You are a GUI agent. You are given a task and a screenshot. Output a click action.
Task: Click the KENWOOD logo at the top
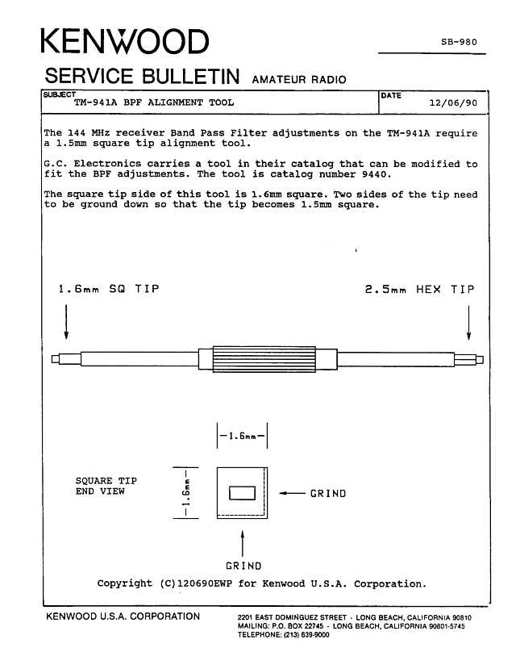(x=124, y=42)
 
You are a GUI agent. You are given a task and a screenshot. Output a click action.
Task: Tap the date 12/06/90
(x=454, y=104)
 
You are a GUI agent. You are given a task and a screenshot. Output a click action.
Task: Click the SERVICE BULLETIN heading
(x=143, y=77)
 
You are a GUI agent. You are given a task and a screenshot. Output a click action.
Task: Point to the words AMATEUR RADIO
(x=299, y=80)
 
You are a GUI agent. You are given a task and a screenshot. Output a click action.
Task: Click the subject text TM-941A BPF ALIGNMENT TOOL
(x=153, y=103)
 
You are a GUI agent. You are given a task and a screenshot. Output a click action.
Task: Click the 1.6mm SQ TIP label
(x=108, y=289)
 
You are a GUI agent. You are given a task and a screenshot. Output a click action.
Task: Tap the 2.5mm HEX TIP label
(x=419, y=289)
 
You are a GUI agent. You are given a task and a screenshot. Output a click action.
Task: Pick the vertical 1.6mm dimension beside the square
(x=186, y=492)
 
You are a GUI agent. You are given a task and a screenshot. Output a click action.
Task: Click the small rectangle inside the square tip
(x=242, y=493)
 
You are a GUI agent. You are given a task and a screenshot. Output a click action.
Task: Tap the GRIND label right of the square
(x=327, y=494)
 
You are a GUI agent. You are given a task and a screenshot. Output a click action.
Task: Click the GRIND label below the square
(x=243, y=566)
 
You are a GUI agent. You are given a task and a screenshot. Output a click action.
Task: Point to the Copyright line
(x=261, y=583)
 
